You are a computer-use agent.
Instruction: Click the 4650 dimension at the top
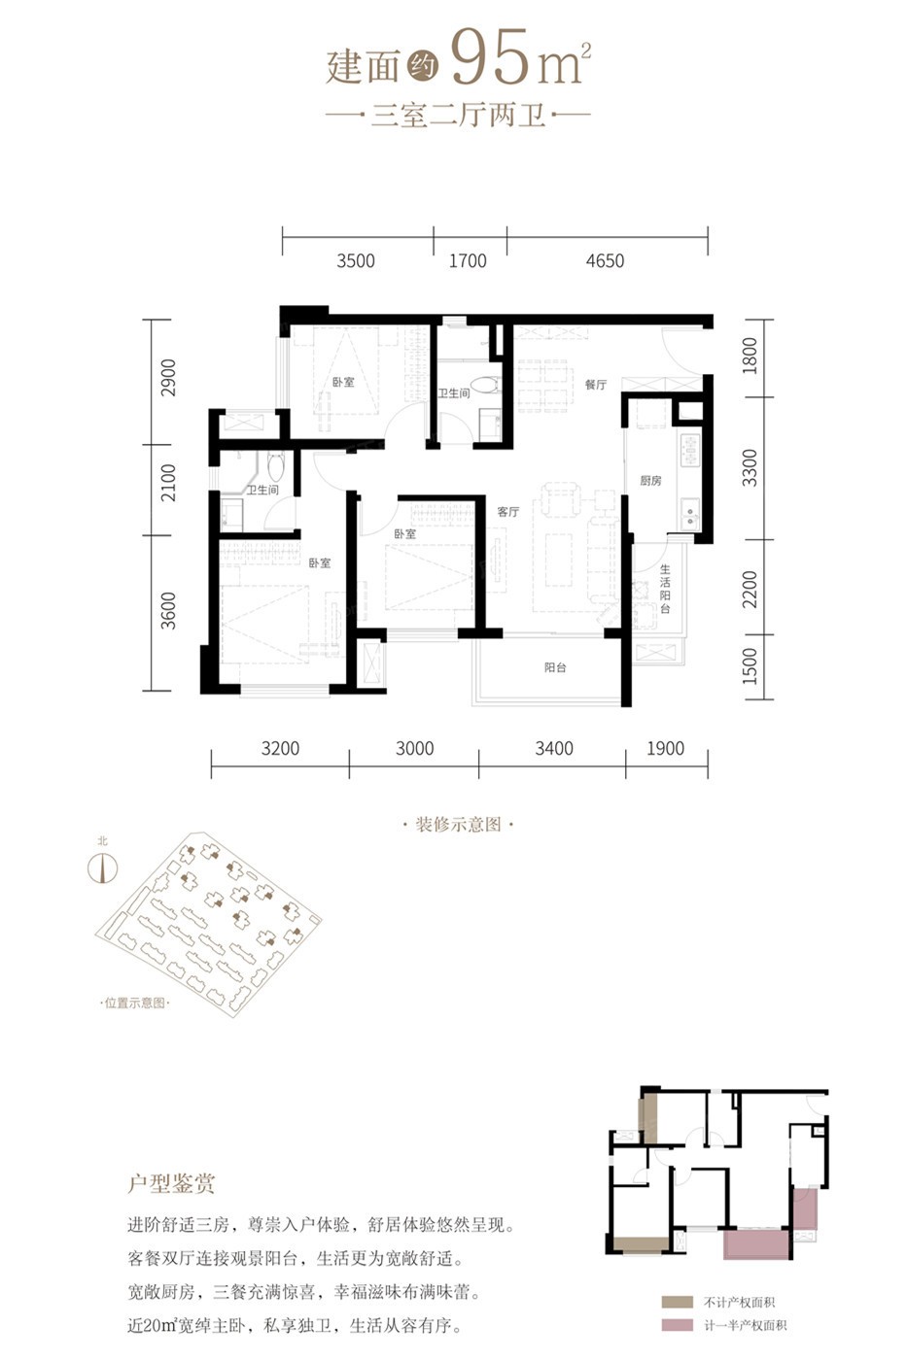[x=605, y=261]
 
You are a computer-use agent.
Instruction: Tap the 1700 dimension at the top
[x=468, y=261]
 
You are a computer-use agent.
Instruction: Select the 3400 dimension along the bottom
[x=553, y=748]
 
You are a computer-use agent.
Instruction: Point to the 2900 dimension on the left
[x=167, y=378]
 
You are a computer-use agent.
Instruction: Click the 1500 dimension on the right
[x=750, y=666]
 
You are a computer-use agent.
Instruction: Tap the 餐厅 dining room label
[x=595, y=385]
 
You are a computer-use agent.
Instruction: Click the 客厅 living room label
[x=507, y=512]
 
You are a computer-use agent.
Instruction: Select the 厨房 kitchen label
[x=650, y=481]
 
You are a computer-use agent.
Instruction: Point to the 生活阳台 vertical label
[x=665, y=589]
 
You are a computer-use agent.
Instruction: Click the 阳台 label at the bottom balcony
[x=555, y=667]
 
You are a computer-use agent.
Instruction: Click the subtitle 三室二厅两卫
[x=458, y=115]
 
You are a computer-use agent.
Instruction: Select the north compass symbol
[x=103, y=867]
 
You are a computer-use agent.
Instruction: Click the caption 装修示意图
[x=458, y=825]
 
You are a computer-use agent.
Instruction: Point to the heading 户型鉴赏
[x=171, y=1183]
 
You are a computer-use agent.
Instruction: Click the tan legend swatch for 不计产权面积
[x=678, y=1302]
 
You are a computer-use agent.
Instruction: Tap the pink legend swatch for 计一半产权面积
[x=678, y=1325]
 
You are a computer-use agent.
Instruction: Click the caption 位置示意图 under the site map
[x=134, y=1003]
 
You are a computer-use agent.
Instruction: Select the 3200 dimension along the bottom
[x=280, y=748]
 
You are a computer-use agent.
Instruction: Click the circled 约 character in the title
[x=423, y=64]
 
